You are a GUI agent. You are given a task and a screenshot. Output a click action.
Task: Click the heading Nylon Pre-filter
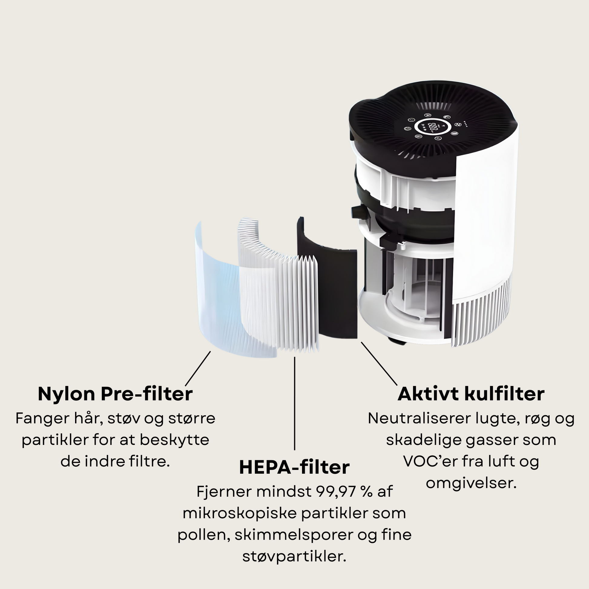tap(115, 394)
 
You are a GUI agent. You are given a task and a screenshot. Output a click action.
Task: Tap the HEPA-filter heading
tap(294, 467)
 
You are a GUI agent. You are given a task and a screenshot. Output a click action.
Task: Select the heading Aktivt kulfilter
tap(471, 394)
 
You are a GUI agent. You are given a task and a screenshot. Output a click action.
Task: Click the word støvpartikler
tap(294, 556)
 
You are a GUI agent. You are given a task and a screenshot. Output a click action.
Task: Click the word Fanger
tap(42, 419)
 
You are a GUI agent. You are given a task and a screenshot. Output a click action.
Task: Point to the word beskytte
tap(174, 440)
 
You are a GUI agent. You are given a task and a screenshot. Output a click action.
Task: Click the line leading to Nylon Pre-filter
tap(198, 369)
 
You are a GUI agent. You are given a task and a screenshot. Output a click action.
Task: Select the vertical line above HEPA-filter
tap(294, 403)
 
